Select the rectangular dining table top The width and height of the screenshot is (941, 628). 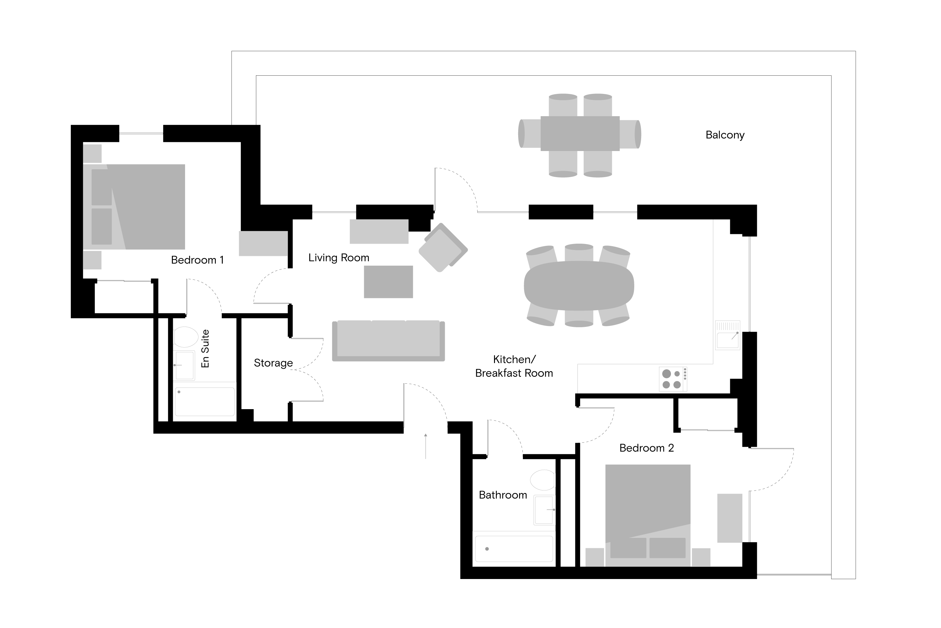pyautogui.click(x=580, y=133)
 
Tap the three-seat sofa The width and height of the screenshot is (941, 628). pyautogui.click(x=388, y=340)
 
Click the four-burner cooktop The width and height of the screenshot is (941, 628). pyautogui.click(x=673, y=379)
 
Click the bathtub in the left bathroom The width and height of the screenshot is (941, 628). pyautogui.click(x=205, y=401)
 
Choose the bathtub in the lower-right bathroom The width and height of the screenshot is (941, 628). pyautogui.click(x=514, y=549)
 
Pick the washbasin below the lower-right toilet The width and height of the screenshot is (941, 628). pyautogui.click(x=545, y=510)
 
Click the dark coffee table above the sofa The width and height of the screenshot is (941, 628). pyautogui.click(x=388, y=282)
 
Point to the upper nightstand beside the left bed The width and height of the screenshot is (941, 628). pyautogui.click(x=92, y=154)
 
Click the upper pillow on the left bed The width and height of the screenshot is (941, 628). pyautogui.click(x=101, y=187)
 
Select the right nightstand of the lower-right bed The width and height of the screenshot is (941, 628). pyautogui.click(x=701, y=557)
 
